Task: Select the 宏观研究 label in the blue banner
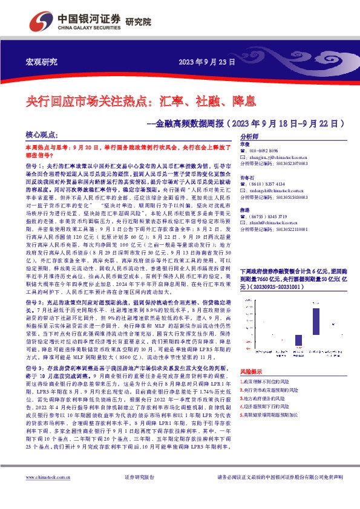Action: (41, 62)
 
